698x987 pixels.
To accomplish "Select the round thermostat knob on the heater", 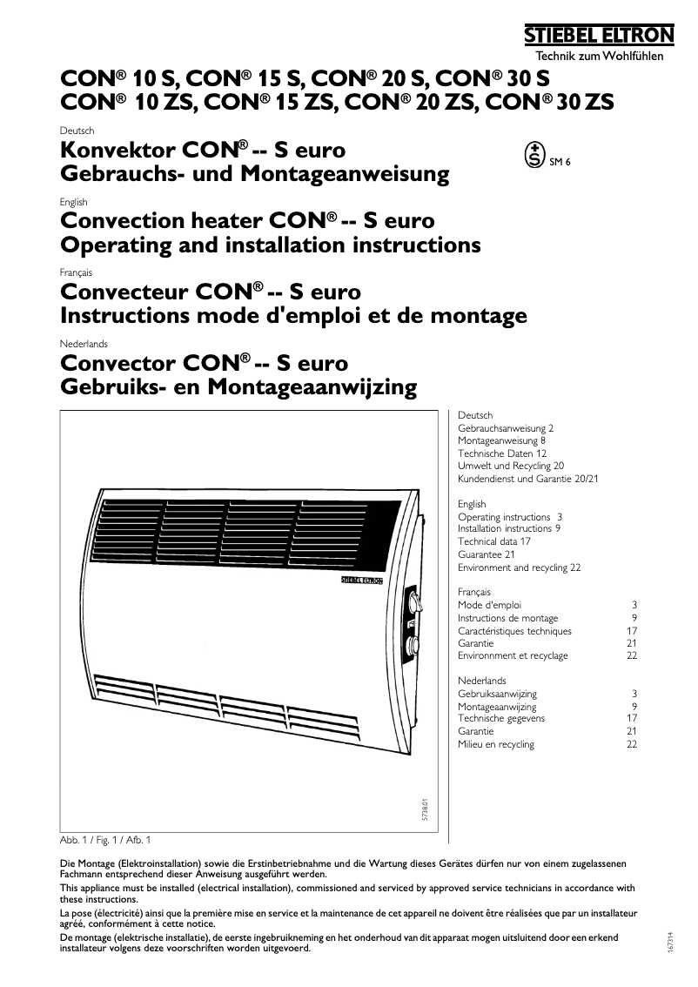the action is (x=411, y=646).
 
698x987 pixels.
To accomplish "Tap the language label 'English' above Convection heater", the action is (x=74, y=203).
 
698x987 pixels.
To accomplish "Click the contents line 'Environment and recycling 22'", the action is (x=519, y=567).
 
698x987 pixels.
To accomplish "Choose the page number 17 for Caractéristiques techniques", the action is (x=632, y=630).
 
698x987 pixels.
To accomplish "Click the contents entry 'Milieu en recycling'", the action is (x=496, y=744).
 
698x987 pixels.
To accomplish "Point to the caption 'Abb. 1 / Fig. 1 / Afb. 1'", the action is (x=104, y=840).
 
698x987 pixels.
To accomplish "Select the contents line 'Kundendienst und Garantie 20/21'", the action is (x=528, y=479).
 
